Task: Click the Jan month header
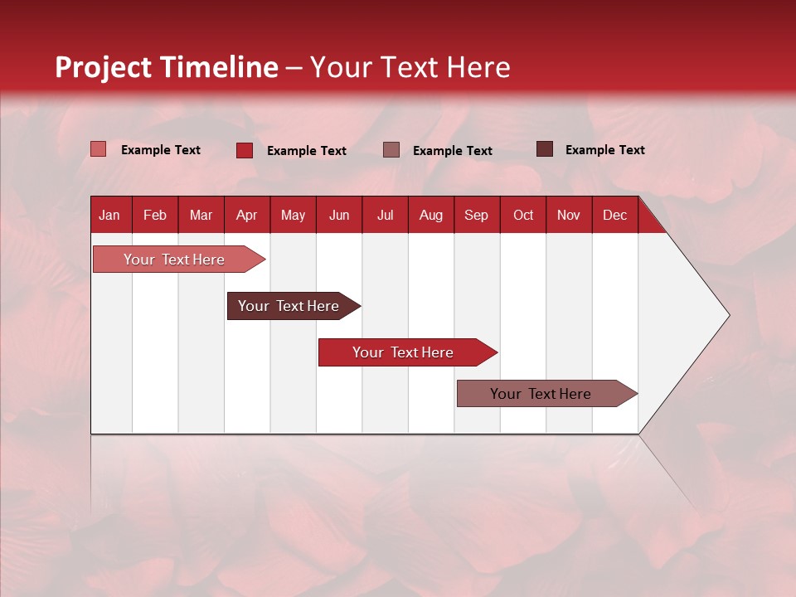click(x=109, y=215)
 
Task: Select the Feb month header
click(x=155, y=215)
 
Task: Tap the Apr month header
click(x=246, y=215)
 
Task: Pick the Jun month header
click(x=339, y=215)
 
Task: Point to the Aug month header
click(x=430, y=215)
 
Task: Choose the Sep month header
click(x=476, y=215)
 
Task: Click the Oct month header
click(x=523, y=215)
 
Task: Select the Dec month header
click(x=614, y=215)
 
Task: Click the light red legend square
click(x=99, y=149)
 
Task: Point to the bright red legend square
click(x=245, y=150)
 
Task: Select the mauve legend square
click(x=391, y=149)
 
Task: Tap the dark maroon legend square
click(x=545, y=149)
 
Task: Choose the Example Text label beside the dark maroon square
click(x=604, y=150)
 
